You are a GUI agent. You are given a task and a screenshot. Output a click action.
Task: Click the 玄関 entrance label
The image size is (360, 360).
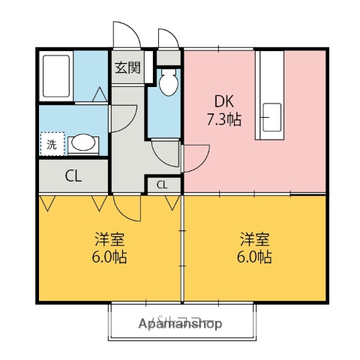click(127, 68)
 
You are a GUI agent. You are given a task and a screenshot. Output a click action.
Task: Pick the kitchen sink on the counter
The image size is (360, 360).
click(272, 116)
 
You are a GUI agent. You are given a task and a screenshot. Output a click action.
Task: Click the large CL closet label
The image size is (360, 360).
click(73, 177)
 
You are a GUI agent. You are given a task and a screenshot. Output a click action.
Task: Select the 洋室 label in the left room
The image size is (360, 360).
click(109, 240)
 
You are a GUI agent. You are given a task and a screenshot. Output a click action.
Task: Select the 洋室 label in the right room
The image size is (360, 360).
click(255, 240)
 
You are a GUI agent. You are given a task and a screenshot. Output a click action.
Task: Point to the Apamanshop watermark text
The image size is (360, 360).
click(180, 325)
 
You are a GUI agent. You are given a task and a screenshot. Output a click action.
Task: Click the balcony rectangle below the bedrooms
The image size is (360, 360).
click(180, 321)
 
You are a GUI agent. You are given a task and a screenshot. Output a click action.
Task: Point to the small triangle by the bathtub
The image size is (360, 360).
click(100, 94)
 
